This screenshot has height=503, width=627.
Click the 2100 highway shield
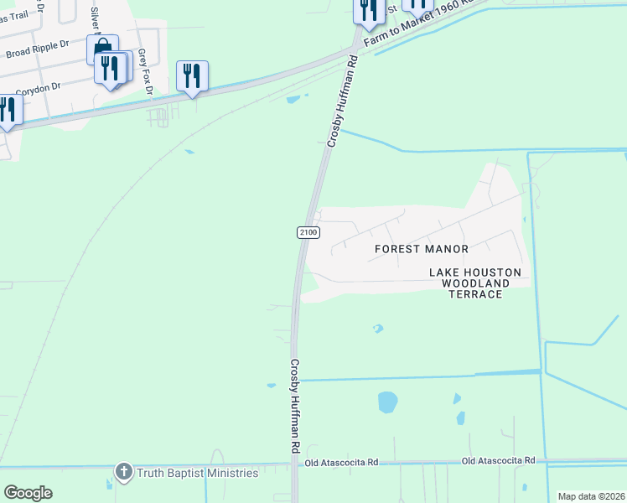(308, 231)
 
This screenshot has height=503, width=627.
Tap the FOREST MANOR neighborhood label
(421, 249)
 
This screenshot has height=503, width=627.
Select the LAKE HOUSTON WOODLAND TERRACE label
(475, 283)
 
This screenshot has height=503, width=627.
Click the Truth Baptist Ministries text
(198, 474)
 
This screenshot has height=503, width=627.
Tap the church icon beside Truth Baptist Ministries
(124, 473)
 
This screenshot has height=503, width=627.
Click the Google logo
(28, 493)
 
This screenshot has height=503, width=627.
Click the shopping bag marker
(101, 49)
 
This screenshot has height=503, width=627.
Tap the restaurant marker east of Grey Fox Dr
(192, 76)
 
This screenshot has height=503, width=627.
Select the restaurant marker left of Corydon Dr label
(7, 110)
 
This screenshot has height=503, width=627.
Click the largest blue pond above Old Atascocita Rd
(387, 402)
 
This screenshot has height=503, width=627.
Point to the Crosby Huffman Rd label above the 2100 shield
(342, 101)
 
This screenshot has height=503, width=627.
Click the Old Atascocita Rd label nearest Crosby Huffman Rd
(341, 462)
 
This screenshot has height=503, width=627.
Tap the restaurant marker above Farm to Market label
(368, 10)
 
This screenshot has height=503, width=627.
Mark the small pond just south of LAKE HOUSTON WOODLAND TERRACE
(377, 329)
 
